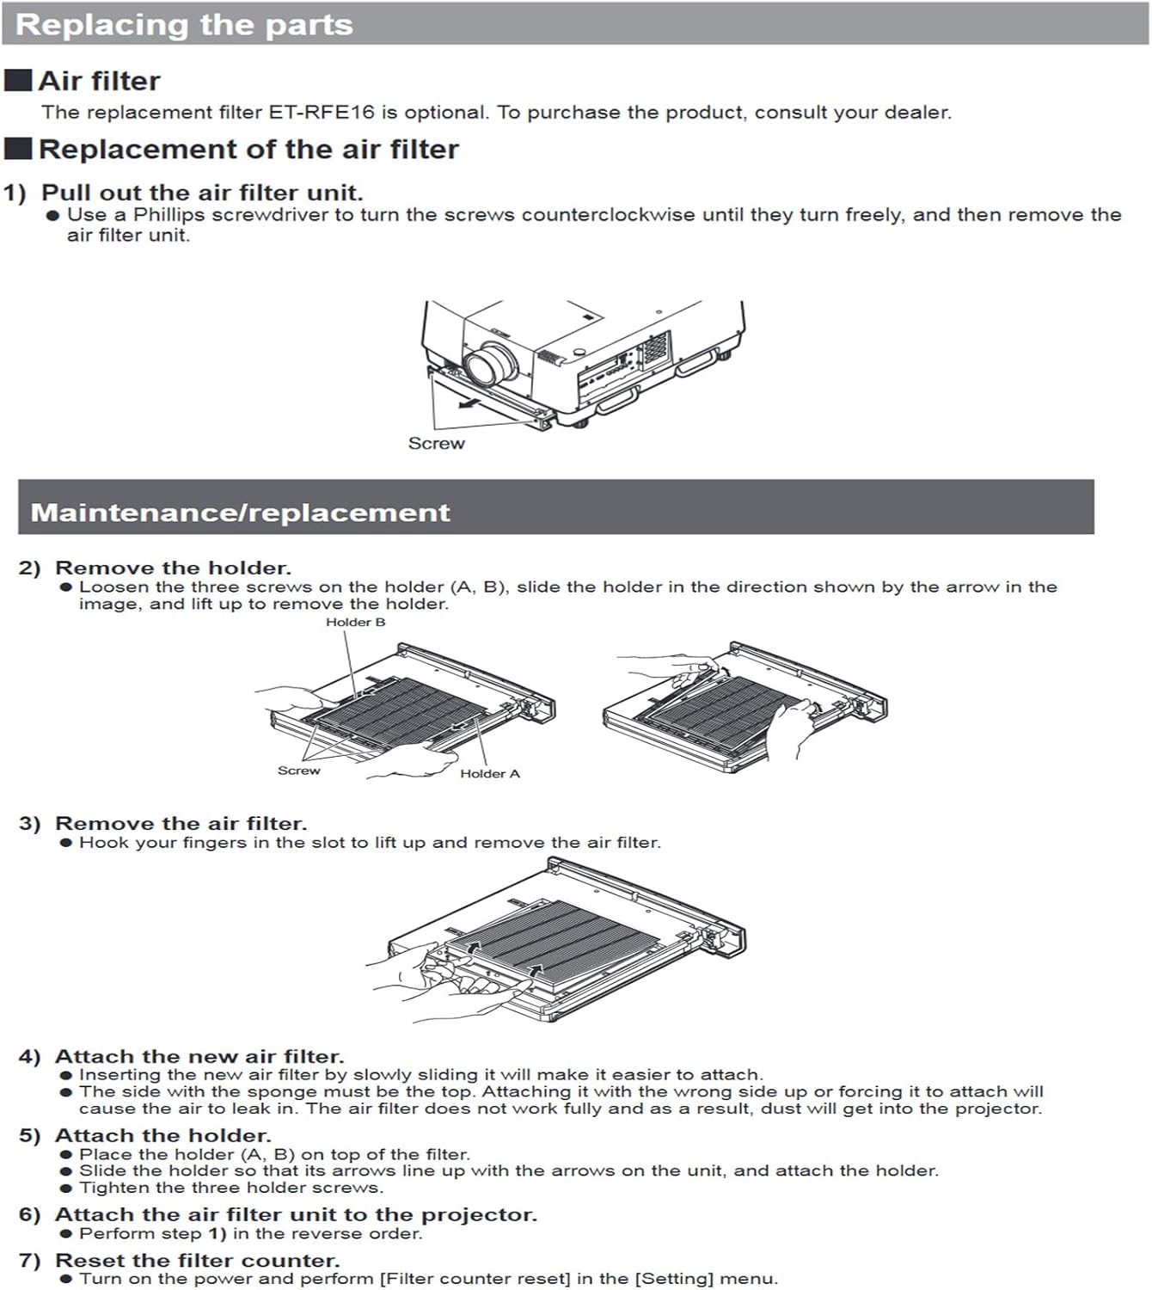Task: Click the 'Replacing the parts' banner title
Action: (x=184, y=24)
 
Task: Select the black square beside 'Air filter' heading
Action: (x=18, y=81)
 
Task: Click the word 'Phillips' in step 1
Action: (x=169, y=215)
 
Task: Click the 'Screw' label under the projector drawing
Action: (x=436, y=444)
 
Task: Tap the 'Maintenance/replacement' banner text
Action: (x=240, y=513)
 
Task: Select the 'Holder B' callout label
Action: (x=355, y=622)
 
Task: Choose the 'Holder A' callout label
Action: (x=489, y=774)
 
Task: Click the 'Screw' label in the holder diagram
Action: (x=298, y=771)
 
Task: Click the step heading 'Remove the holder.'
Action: (x=173, y=568)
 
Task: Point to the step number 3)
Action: (x=29, y=823)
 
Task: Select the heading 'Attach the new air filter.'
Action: (x=199, y=1056)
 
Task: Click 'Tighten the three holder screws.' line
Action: (x=231, y=1188)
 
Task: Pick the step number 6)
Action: (x=29, y=1214)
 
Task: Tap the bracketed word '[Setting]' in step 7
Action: (x=674, y=1279)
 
